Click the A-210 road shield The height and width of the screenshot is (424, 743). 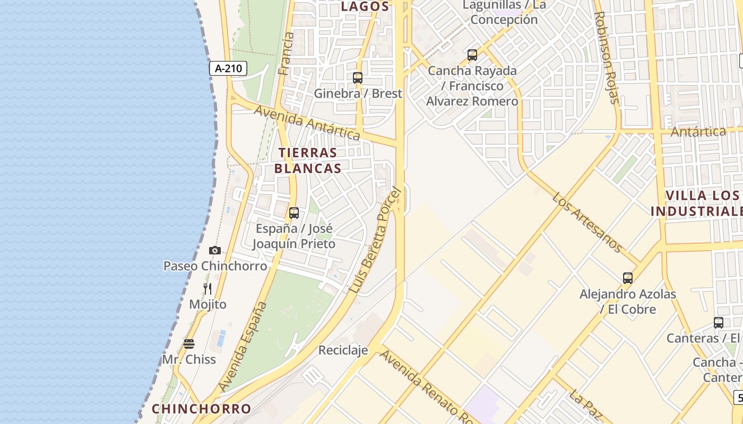point(228,68)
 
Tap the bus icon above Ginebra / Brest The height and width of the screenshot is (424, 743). point(358,78)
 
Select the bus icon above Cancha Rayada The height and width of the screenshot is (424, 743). point(472,55)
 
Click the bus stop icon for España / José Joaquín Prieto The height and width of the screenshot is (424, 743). point(294,213)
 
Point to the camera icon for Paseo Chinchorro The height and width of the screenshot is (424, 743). point(214,250)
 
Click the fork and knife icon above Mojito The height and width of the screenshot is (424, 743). point(208,289)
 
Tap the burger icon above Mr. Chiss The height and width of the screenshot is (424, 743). point(189,344)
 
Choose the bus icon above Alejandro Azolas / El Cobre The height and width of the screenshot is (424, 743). point(628,278)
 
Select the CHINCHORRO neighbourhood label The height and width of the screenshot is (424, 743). point(201,409)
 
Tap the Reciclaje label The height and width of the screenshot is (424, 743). point(343,350)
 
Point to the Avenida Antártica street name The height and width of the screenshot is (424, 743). point(307,122)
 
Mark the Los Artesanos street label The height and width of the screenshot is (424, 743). point(587,222)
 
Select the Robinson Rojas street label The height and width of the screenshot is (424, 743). point(607,57)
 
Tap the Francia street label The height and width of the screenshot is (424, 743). point(286,54)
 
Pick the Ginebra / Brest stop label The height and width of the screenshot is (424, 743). point(358,94)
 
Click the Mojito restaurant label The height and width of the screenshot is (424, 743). point(208,305)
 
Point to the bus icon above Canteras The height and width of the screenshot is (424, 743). point(719,322)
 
